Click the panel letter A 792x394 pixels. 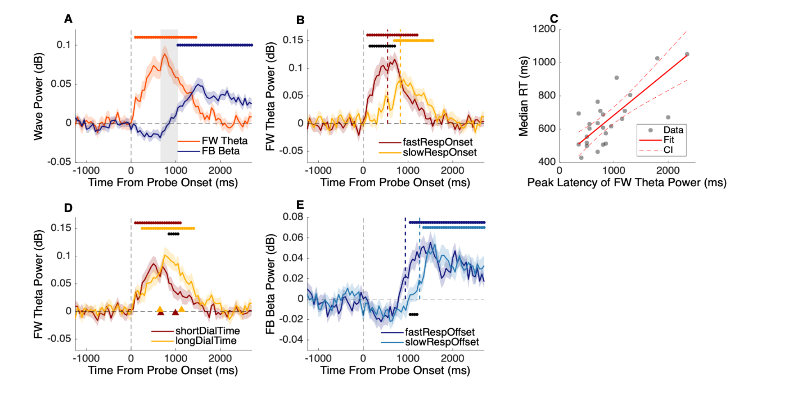tap(68, 19)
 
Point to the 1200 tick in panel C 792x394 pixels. tap(544, 29)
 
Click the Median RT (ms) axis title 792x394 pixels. tap(523, 96)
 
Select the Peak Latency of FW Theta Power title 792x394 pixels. tap(627, 183)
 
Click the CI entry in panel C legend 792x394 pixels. tap(668, 150)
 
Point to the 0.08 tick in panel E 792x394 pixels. tap(293, 217)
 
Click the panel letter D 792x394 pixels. tap(68, 208)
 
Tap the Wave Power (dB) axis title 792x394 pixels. tap(38, 96)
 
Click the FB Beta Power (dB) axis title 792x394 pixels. tap(270, 284)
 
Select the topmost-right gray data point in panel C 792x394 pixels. tap(687, 54)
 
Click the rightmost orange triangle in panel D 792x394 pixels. tap(181, 309)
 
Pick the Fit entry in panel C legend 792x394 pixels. tap(668, 140)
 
